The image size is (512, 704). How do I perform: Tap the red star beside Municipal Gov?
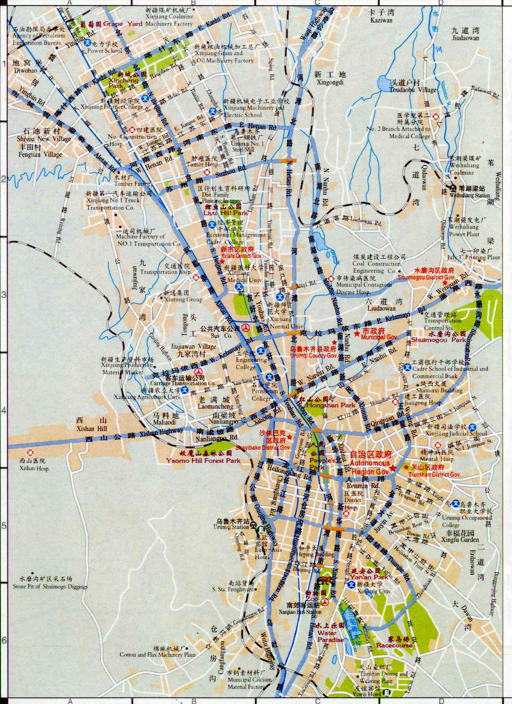356,334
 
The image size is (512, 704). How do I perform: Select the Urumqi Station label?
231,527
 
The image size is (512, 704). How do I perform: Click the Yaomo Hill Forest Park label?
203,460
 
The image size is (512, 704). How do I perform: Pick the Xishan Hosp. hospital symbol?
30,452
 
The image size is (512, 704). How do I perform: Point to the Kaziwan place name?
381,20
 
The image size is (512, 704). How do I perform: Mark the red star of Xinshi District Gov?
222,261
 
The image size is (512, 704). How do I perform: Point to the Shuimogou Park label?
438,340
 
